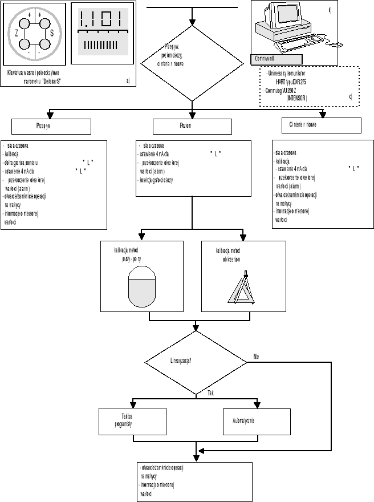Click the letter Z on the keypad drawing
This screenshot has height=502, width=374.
[x=17, y=34]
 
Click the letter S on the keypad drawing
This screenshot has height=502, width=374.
[x=52, y=34]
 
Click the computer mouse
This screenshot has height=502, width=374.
[x=336, y=44]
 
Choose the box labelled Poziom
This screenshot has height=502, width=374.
[x=192, y=126]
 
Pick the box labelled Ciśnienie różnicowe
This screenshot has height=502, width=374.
[x=322, y=125]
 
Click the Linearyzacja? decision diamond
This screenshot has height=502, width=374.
[x=196, y=361]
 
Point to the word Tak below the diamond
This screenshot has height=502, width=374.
[x=210, y=394]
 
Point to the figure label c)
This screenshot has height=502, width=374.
[x=350, y=97]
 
